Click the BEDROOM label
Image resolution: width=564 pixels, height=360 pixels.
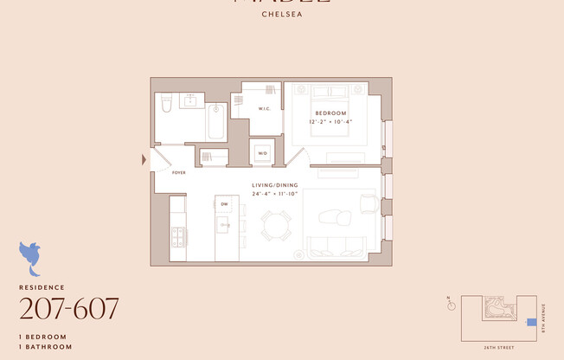pyautogui.click(x=330, y=113)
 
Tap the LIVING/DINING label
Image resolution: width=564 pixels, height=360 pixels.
pyautogui.click(x=275, y=186)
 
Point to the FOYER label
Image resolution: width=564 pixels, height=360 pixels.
pyautogui.click(x=179, y=173)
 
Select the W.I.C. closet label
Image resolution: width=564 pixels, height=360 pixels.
pyautogui.click(x=265, y=108)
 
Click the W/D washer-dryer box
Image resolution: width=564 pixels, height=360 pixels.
pyautogui.click(x=262, y=154)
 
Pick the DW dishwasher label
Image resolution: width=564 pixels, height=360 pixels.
pyautogui.click(x=224, y=203)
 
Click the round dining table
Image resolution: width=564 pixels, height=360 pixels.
pyautogui.click(x=276, y=227)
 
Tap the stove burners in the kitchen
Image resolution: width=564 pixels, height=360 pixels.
pyautogui.click(x=178, y=235)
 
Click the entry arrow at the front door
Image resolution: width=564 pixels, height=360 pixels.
pyautogui.click(x=144, y=159)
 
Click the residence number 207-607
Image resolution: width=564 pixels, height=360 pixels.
pyautogui.click(x=69, y=307)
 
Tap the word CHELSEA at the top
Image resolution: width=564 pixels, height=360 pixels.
pyautogui.click(x=282, y=14)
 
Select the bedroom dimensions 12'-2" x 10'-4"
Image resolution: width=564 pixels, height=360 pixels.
pyautogui.click(x=330, y=122)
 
